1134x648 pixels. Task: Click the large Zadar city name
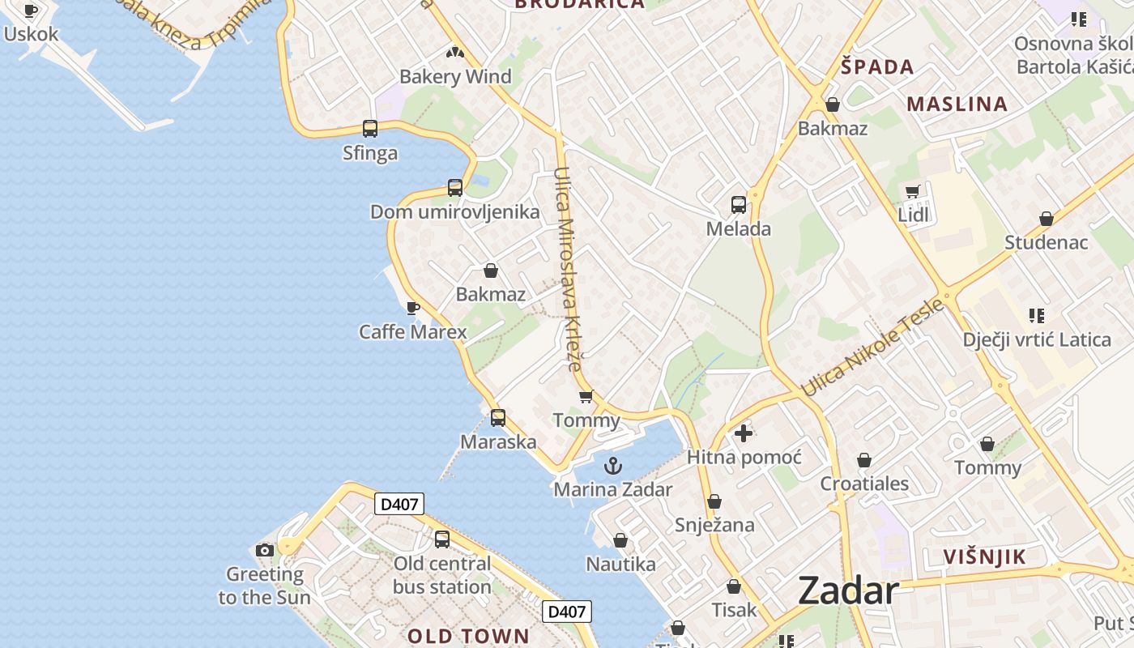pyautogui.click(x=848, y=590)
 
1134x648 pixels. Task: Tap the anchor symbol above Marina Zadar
pyautogui.click(x=613, y=466)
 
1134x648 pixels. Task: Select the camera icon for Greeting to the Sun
pyautogui.click(x=264, y=551)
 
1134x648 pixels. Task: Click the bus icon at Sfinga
pyautogui.click(x=370, y=128)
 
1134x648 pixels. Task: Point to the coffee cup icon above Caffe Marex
pyautogui.click(x=412, y=308)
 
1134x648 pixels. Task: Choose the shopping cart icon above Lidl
pyautogui.click(x=913, y=192)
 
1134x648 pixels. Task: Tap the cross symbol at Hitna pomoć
pyautogui.click(x=744, y=433)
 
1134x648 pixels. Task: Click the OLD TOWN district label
pyautogui.click(x=468, y=636)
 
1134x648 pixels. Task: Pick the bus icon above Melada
pyautogui.click(x=738, y=204)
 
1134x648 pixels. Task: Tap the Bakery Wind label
pyautogui.click(x=455, y=77)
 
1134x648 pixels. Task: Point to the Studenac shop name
pyautogui.click(x=1046, y=242)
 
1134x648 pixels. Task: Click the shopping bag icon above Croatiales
pyautogui.click(x=864, y=461)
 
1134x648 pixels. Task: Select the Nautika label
pyautogui.click(x=620, y=564)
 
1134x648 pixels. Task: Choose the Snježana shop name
pyautogui.click(x=714, y=525)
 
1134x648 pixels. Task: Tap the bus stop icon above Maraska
pyautogui.click(x=498, y=418)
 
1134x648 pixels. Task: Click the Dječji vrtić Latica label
pyautogui.click(x=1037, y=339)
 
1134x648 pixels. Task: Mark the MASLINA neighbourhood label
pyautogui.click(x=957, y=104)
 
